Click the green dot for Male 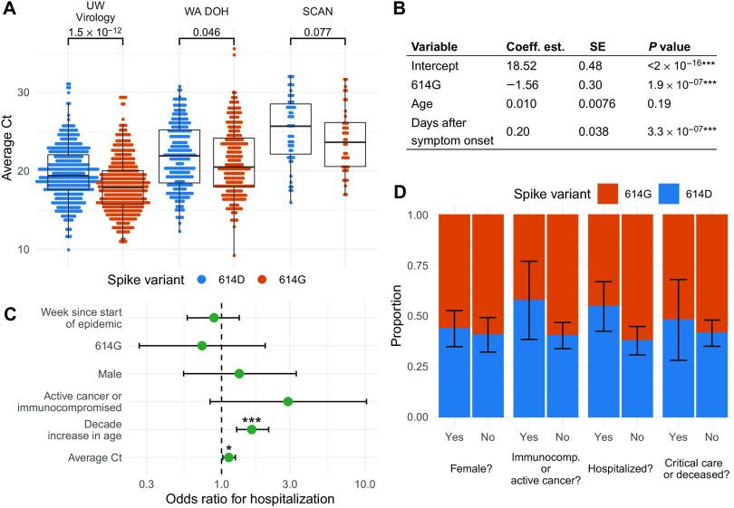coord(239,373)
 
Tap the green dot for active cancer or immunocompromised coord(288,401)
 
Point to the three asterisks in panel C coord(252,419)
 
